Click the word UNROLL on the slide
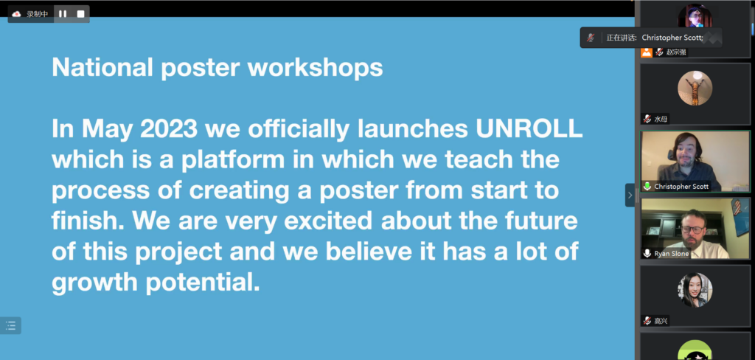[x=529, y=130]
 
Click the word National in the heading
[x=102, y=67]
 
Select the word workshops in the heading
[x=315, y=67]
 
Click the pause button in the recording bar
[x=63, y=14]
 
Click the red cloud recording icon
[x=16, y=14]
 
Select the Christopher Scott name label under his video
[x=681, y=186]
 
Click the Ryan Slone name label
[x=671, y=254]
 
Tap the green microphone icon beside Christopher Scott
[x=647, y=186]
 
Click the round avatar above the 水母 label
[x=695, y=89]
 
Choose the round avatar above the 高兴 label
[x=695, y=290]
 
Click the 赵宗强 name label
[x=676, y=52]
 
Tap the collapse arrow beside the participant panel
[x=630, y=195]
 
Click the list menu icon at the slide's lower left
[x=10, y=326]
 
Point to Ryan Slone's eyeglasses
[x=692, y=229]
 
